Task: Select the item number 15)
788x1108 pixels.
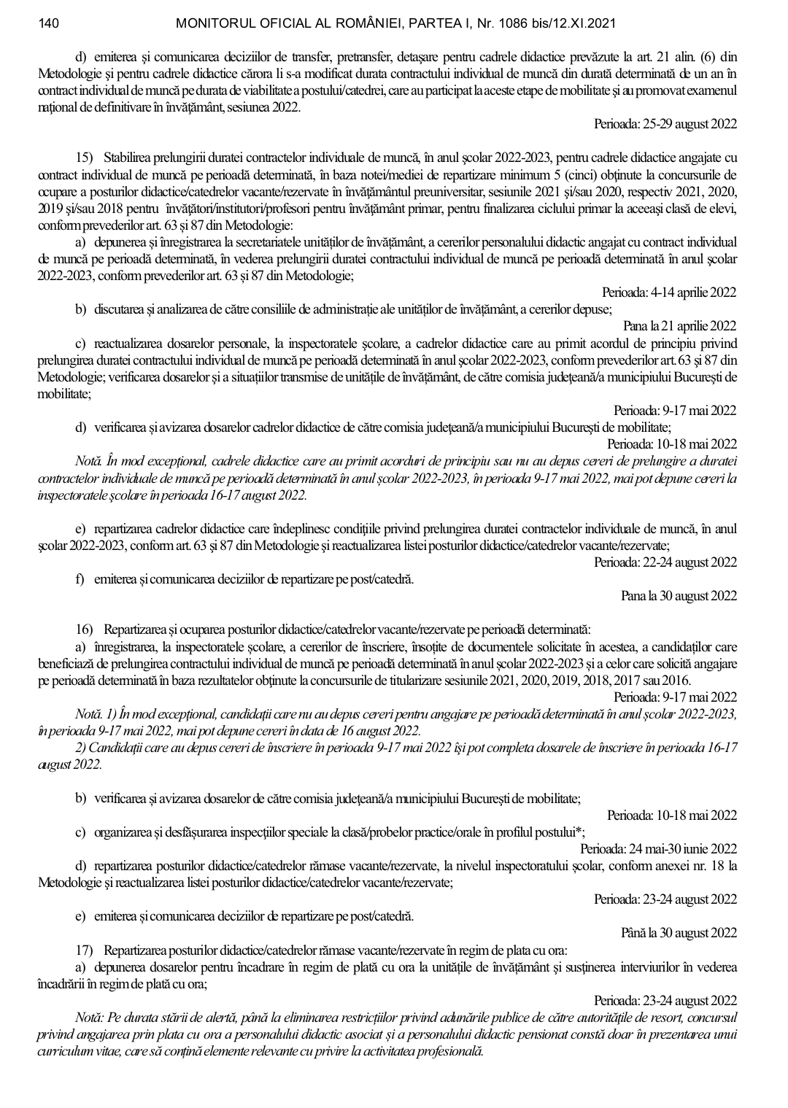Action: (x=87, y=158)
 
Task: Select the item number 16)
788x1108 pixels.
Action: (x=87, y=629)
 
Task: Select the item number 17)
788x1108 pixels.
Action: (x=87, y=950)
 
